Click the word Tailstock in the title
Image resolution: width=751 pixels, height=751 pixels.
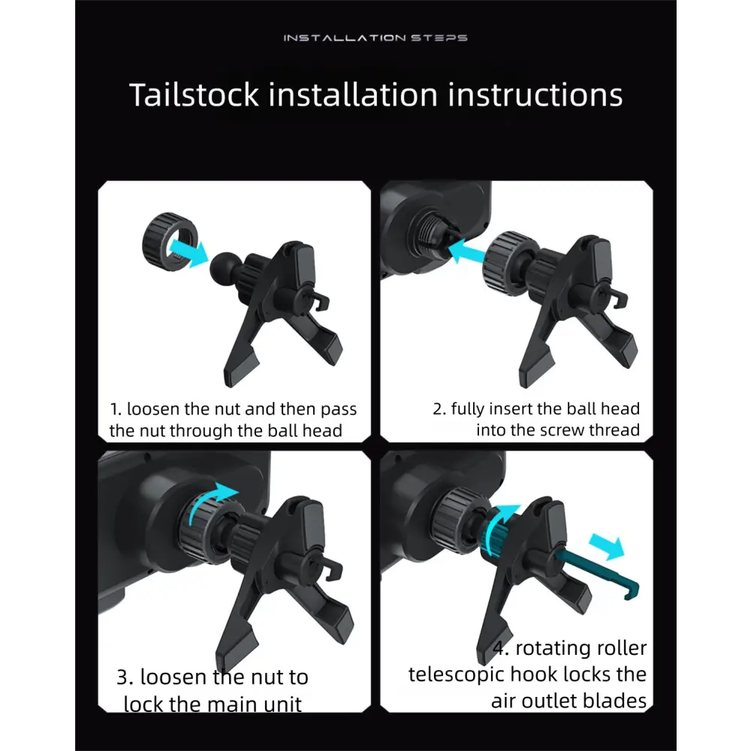coord(194,95)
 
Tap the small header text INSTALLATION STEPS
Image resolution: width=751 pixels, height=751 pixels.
coord(375,38)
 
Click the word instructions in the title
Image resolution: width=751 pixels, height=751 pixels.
coord(535,95)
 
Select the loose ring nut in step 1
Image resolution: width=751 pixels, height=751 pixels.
coord(170,241)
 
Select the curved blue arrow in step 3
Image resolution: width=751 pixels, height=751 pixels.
coord(211,500)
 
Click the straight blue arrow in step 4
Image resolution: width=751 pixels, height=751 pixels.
coord(607,547)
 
